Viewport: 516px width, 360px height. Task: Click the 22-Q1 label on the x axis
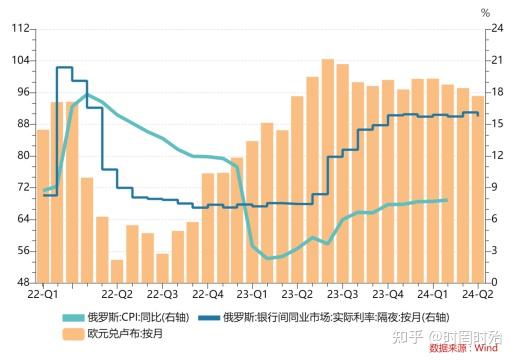[42, 295]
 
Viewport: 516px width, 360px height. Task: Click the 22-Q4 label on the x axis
[208, 295]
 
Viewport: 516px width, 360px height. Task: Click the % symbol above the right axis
[486, 13]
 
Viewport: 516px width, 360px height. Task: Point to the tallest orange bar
[327, 170]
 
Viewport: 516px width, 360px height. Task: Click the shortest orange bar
[117, 271]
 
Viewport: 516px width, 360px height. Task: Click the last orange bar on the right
[477, 189]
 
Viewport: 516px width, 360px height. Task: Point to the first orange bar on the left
[42, 206]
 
